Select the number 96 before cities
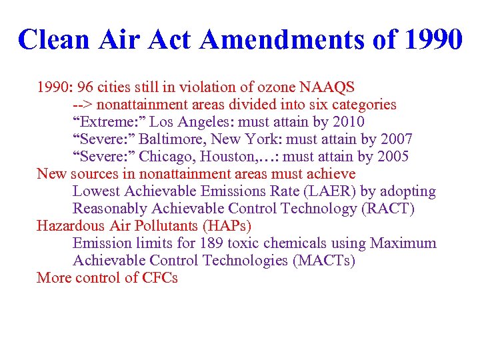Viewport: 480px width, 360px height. pyautogui.click(x=86, y=87)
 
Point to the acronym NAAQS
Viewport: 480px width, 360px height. pyautogui.click(x=327, y=87)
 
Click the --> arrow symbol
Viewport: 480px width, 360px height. pyautogui.click(x=83, y=105)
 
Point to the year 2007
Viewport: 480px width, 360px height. pyautogui.click(x=395, y=139)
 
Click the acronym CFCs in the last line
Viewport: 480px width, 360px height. pyautogui.click(x=160, y=278)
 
